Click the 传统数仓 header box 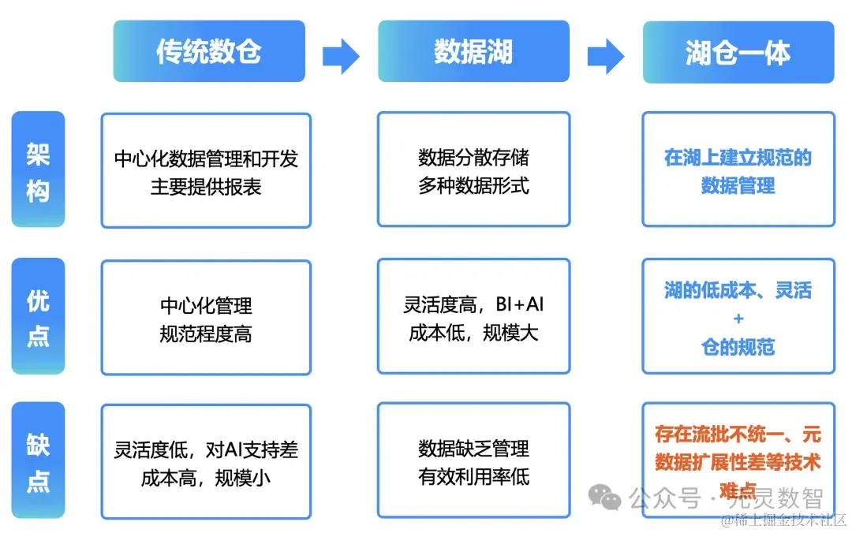tap(209, 52)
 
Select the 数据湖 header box tap(473, 52)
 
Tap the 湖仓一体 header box tap(738, 53)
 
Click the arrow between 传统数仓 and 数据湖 tap(341, 55)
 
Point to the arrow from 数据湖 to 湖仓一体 tap(605, 55)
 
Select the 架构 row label tap(38, 170)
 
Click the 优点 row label tap(38, 317)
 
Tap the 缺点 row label tap(38, 460)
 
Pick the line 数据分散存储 tap(473, 158)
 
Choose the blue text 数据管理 tap(738, 186)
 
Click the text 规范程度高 tap(206, 334)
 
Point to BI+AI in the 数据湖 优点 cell tap(520, 304)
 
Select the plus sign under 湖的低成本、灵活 tap(738, 319)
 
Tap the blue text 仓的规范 tap(738, 347)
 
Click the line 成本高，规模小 tap(206, 478)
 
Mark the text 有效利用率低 tap(473, 476)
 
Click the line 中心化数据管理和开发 tap(206, 158)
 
